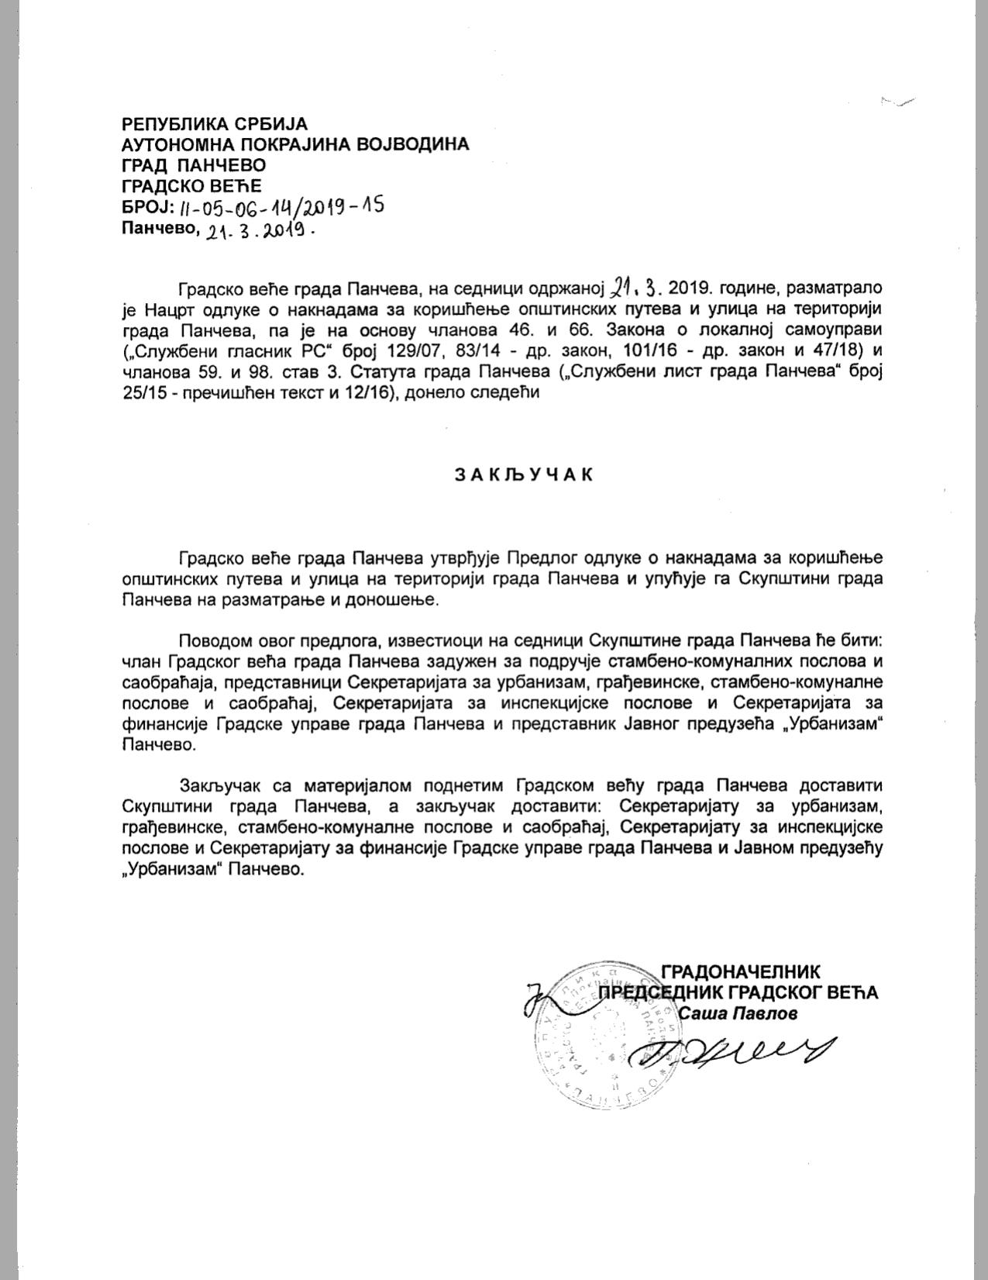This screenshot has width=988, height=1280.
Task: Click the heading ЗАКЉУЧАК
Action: (x=524, y=474)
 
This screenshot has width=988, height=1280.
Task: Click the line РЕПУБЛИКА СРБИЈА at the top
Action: (x=215, y=123)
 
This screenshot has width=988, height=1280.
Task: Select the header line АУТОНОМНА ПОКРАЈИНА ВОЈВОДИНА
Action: (x=295, y=144)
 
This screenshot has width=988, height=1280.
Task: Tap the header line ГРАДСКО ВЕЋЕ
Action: (x=191, y=186)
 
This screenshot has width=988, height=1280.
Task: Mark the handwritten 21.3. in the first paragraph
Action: (x=635, y=288)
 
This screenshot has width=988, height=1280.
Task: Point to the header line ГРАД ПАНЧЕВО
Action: (x=194, y=165)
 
